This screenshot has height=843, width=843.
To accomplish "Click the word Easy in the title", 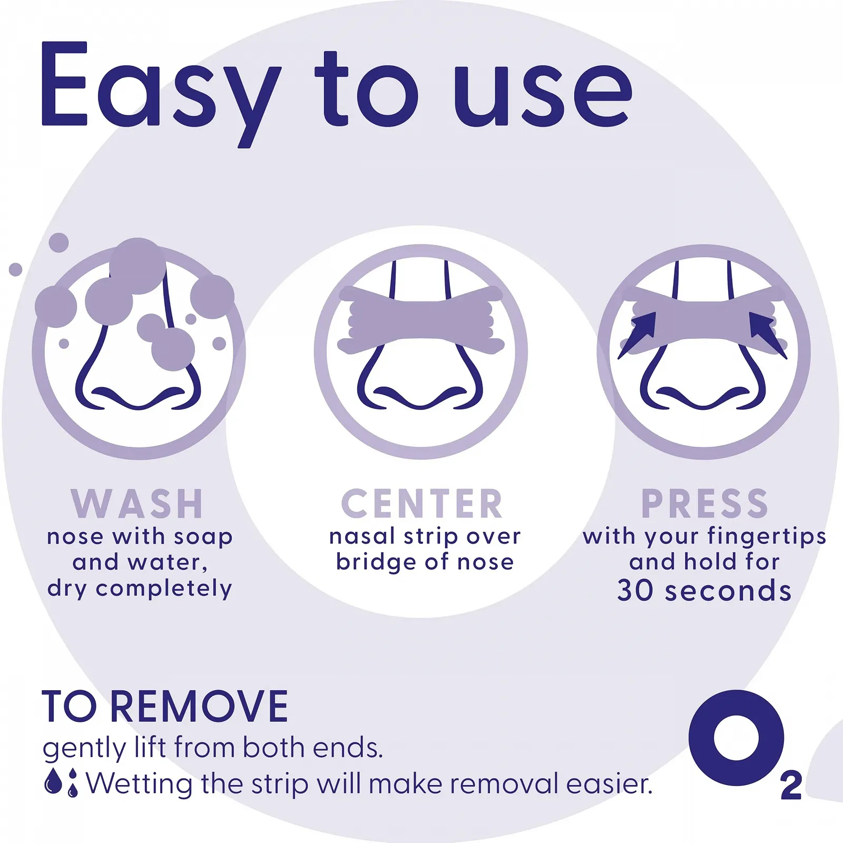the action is (x=161, y=92).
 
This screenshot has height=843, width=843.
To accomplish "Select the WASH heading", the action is (x=138, y=504).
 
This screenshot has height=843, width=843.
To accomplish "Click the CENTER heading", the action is (x=421, y=504).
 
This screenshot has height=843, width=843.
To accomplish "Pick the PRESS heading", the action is (x=704, y=504).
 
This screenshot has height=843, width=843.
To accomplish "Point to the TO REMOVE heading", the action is (x=165, y=707).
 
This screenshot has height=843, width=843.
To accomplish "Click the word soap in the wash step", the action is (x=203, y=537).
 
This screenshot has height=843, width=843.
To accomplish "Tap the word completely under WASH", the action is (x=164, y=589).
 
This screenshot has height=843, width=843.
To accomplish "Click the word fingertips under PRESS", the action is (x=767, y=537).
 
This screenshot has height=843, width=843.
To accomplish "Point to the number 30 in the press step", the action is (x=635, y=591).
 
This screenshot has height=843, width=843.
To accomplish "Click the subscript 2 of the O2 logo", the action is (x=791, y=786).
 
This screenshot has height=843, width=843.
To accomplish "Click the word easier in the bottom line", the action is (x=610, y=784).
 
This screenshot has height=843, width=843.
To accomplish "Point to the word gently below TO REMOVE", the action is (x=84, y=749).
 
